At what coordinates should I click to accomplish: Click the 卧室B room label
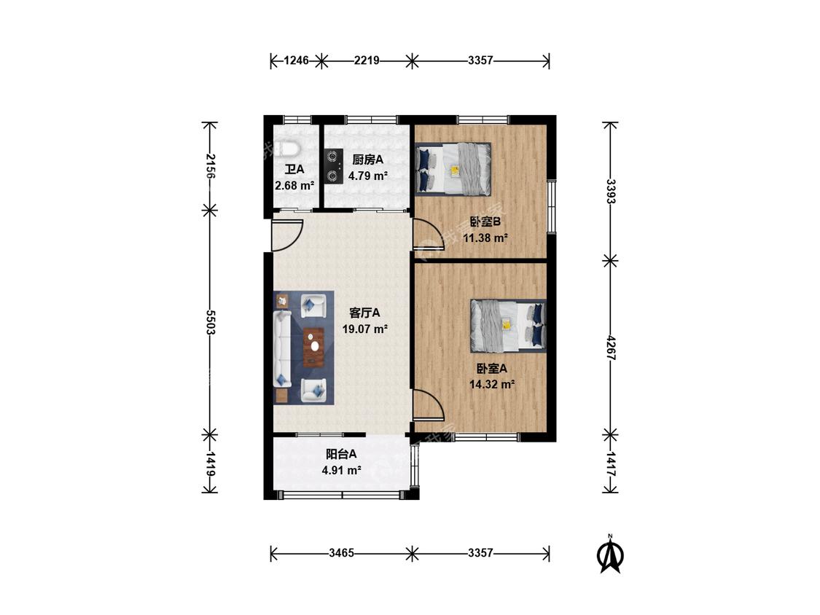pyautogui.click(x=485, y=222)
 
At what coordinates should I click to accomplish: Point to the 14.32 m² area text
pyautogui.click(x=492, y=385)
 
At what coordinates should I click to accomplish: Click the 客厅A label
pyautogui.click(x=364, y=313)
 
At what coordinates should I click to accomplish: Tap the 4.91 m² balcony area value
pyautogui.click(x=342, y=470)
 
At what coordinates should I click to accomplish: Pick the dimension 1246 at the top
pyautogui.click(x=296, y=60)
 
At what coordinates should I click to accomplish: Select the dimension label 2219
pyautogui.click(x=367, y=60)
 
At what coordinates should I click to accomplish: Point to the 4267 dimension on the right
pyautogui.click(x=610, y=348)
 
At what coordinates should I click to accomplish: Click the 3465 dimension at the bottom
pyautogui.click(x=342, y=553)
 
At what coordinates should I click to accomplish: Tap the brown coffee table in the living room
pyautogui.click(x=313, y=346)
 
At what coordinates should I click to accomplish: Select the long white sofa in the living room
pyautogui.click(x=282, y=349)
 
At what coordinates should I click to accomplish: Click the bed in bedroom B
pyautogui.click(x=453, y=168)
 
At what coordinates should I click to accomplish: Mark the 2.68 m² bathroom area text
pyautogui.click(x=294, y=186)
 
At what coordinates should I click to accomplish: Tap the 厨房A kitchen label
pyautogui.click(x=367, y=160)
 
